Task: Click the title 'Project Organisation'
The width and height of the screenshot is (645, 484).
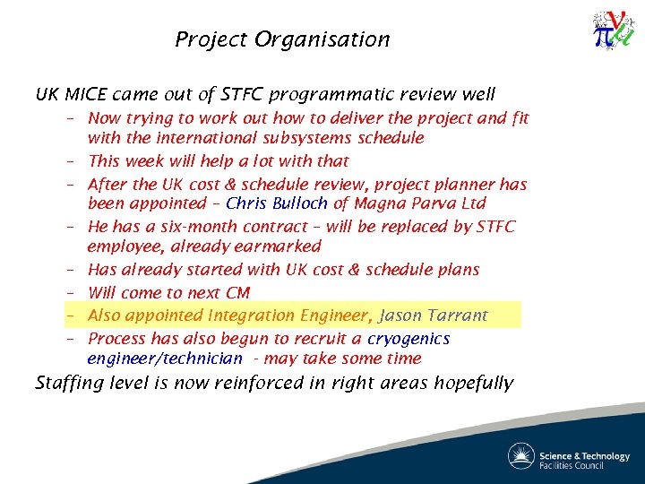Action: (x=282, y=39)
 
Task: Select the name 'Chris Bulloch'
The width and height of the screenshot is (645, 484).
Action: (x=277, y=203)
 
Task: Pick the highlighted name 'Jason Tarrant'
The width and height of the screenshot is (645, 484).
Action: (x=434, y=315)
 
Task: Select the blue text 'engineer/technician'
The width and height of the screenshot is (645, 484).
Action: (x=165, y=359)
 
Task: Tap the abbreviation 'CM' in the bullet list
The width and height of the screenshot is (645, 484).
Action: (x=236, y=293)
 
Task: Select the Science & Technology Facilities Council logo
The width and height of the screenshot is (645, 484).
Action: (x=569, y=455)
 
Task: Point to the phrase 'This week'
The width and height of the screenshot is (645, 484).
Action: (x=127, y=161)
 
